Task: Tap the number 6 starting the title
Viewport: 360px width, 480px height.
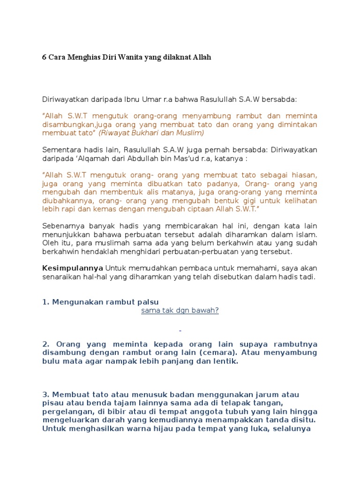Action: (x=44, y=58)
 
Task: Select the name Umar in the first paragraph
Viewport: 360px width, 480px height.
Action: (x=146, y=99)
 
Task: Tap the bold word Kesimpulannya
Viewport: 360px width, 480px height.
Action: (x=73, y=268)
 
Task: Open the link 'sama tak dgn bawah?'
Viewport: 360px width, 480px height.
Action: (x=180, y=310)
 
